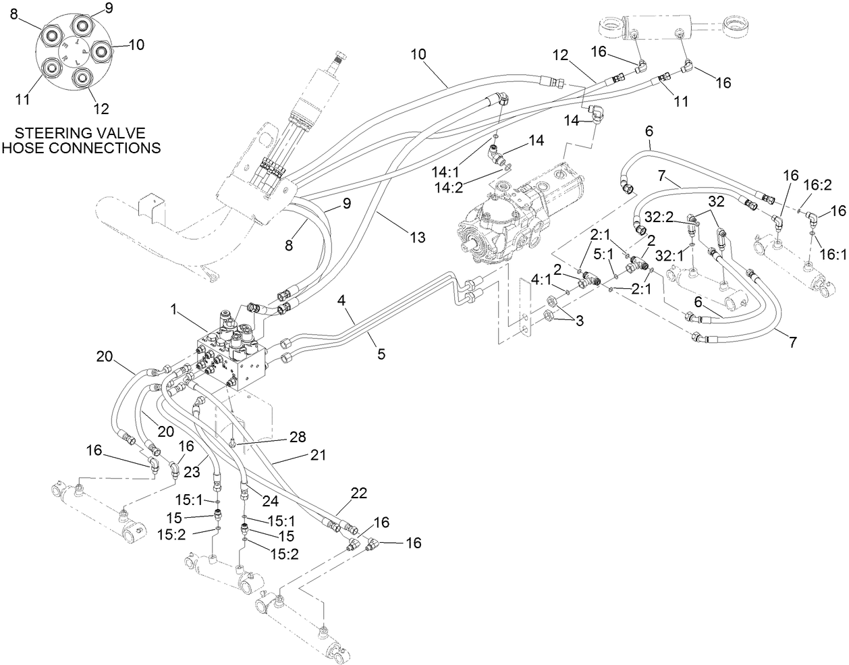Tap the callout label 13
point(418,236)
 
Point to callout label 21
point(318,455)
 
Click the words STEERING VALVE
point(80,132)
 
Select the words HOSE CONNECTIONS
point(81,147)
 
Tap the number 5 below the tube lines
point(381,353)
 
